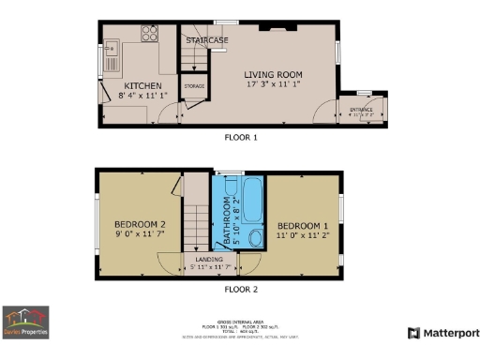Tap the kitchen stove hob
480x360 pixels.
149,33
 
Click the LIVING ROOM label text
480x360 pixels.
276,74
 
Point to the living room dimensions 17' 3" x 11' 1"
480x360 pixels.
276,85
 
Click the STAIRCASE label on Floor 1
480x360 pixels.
206,40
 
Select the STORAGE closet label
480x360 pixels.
194,86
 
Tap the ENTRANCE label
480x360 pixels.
361,110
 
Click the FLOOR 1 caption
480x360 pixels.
240,137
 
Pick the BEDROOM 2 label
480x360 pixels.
140,225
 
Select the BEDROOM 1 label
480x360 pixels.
302,226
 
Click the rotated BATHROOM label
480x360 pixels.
225,225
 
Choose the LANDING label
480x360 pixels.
208,260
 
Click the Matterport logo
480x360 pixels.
443,333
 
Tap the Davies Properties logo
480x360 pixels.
25,322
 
